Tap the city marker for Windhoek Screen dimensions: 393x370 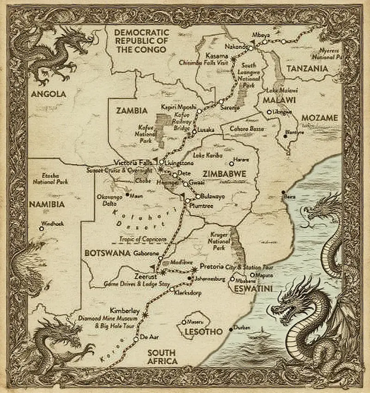[x=42, y=228]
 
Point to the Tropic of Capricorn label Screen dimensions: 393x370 [x=142, y=239]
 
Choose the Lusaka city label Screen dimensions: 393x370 [x=206, y=130]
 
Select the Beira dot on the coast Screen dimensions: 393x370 [x=283, y=192]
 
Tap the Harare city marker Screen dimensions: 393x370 [x=232, y=164]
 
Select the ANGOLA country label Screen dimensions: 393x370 [x=49, y=94]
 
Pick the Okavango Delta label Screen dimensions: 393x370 [x=109, y=200]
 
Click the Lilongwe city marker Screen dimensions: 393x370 [x=269, y=112]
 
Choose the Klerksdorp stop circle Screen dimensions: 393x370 [x=172, y=289]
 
